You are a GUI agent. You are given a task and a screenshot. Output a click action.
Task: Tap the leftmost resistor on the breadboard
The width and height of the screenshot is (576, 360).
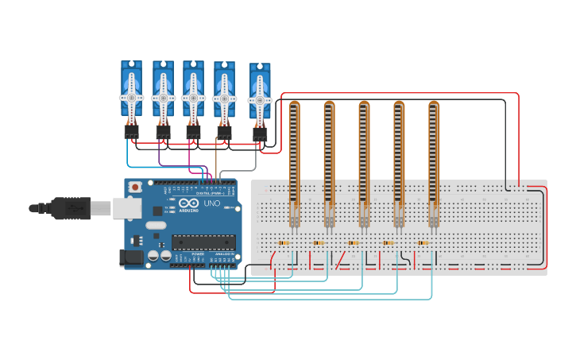click(x=284, y=243)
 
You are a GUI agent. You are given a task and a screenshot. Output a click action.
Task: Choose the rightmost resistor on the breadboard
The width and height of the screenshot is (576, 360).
click(x=423, y=243)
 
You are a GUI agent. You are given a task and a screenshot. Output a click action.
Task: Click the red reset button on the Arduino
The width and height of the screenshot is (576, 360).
click(x=136, y=188)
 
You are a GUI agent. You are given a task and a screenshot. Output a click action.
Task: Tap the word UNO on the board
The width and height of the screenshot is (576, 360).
click(x=212, y=204)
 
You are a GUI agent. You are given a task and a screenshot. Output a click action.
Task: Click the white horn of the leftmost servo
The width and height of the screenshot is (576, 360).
click(x=131, y=98)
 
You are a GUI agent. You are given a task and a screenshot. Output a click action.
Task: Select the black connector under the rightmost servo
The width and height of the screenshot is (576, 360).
click(x=260, y=134)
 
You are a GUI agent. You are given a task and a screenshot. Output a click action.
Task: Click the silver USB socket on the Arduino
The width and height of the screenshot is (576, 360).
click(x=125, y=208)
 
